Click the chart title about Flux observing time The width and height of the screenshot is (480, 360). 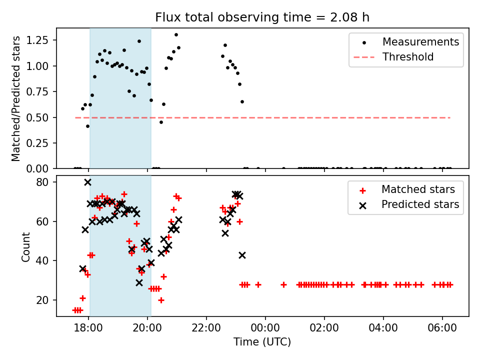click(262, 17)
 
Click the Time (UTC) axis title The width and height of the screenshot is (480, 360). click(262, 342)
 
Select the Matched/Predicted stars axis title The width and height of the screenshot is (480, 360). click(16, 98)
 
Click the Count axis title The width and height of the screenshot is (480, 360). click(26, 246)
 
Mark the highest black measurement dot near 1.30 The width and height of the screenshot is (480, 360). click(176, 34)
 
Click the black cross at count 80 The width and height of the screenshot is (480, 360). click(87, 182)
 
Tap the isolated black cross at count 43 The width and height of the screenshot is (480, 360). click(242, 255)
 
